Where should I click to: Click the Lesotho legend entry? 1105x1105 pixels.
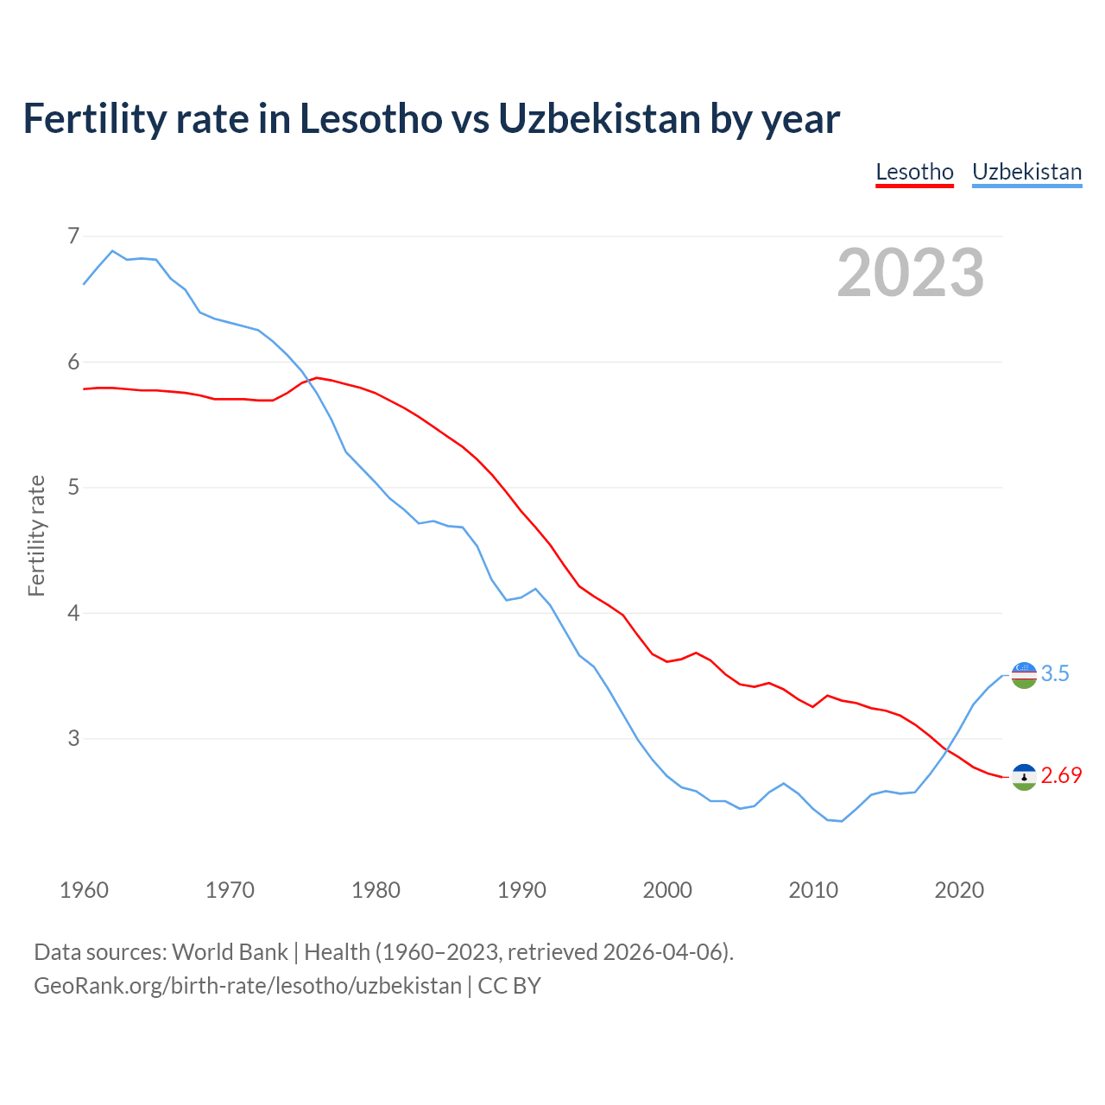(914, 172)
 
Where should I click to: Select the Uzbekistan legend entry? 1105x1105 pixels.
(1026, 172)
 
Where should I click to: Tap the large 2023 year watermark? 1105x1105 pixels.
(910, 273)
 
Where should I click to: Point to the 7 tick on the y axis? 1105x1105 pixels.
(73, 236)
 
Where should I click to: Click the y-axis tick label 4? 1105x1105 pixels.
(73, 613)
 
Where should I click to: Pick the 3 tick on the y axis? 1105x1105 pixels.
(73, 738)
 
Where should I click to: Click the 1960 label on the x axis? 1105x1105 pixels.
(84, 890)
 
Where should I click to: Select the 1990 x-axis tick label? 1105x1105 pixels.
(521, 890)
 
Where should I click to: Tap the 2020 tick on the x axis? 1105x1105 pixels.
(959, 890)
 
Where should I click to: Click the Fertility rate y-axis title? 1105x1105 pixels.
(36, 535)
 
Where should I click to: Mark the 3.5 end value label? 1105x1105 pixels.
(1055, 674)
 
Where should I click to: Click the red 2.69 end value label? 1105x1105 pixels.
(1061, 776)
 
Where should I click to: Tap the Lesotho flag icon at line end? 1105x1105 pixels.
(1024, 777)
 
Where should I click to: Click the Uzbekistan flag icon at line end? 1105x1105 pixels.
(1024, 675)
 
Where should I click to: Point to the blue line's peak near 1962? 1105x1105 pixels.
(112, 251)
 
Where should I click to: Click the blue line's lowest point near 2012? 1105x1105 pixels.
(842, 821)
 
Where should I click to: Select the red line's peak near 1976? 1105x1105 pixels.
(317, 378)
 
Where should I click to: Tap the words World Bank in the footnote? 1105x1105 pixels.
(230, 952)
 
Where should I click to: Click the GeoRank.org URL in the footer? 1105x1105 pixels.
(248, 986)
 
